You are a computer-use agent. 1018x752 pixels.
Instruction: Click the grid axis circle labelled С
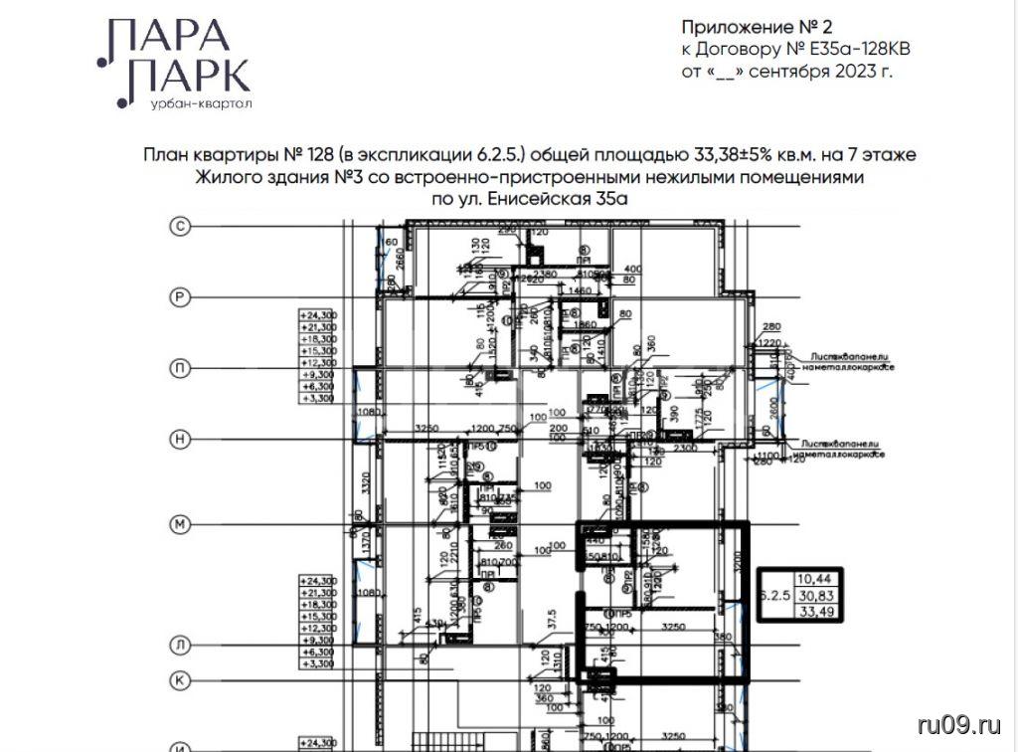coord(181,228)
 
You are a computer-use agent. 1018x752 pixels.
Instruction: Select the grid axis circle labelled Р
coord(181,296)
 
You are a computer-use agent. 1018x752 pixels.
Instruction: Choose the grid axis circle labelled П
coord(181,367)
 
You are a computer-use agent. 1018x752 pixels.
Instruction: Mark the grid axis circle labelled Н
coord(181,438)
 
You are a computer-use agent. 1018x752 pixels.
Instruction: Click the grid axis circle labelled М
coord(181,523)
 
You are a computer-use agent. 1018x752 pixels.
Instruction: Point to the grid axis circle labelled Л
coord(181,645)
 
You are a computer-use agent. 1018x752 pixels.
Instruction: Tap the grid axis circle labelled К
coord(181,680)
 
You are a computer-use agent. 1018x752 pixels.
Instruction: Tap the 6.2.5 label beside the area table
coord(773,595)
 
